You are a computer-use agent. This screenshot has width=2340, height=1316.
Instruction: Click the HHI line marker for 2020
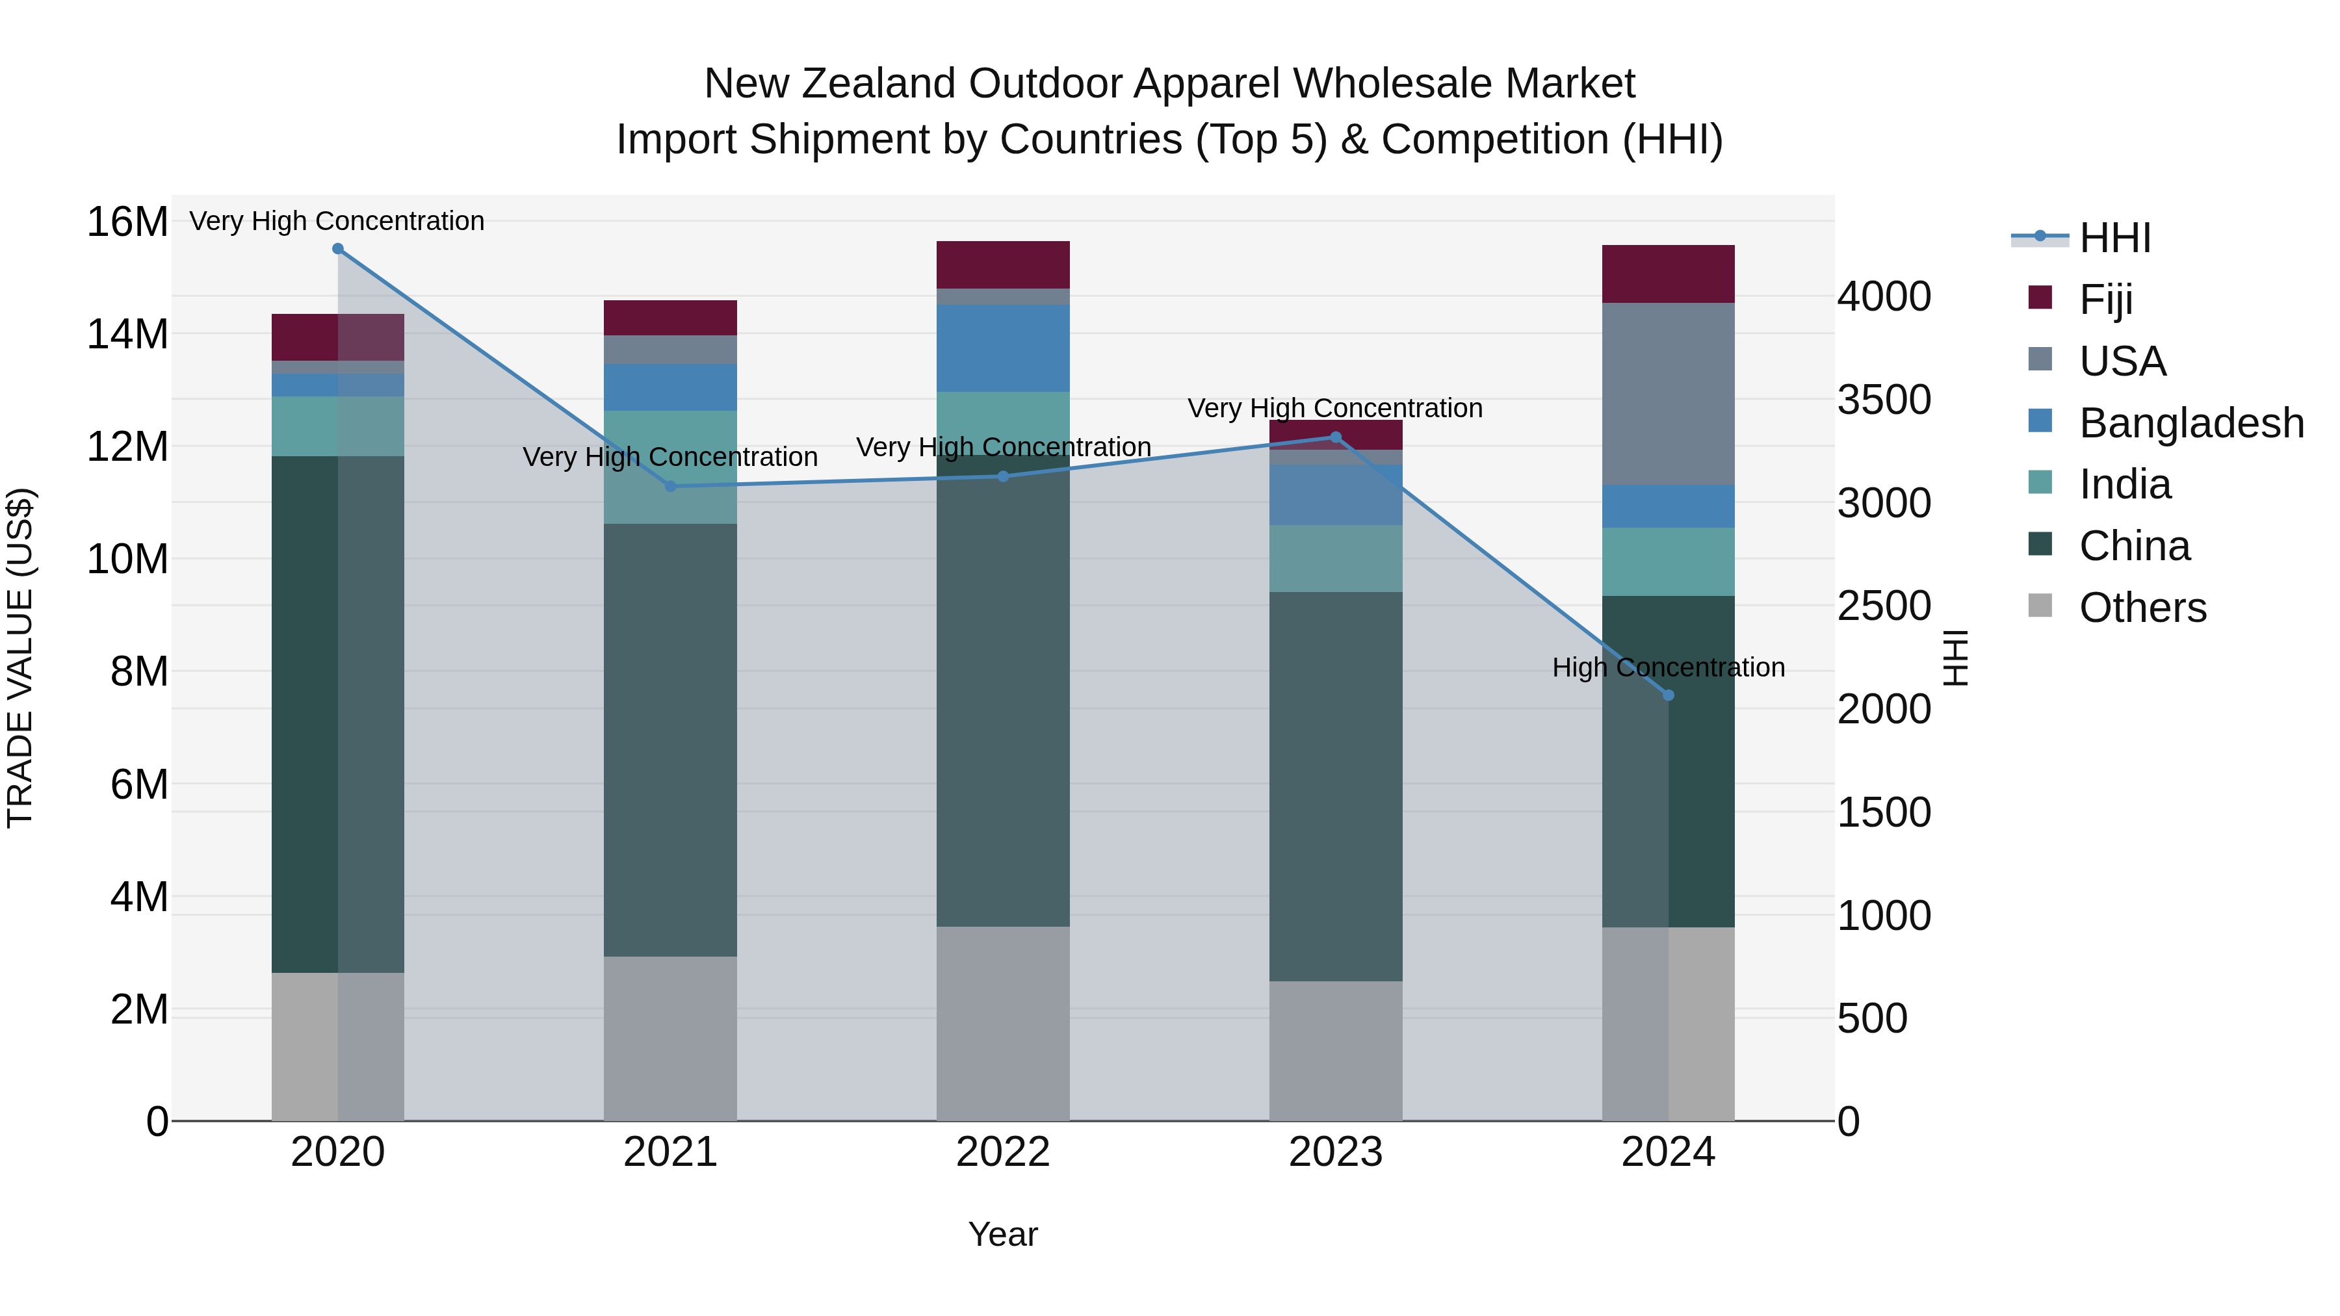click(338, 249)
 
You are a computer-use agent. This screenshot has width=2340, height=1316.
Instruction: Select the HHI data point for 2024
click(1668, 695)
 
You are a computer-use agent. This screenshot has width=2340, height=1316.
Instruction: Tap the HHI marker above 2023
click(1335, 438)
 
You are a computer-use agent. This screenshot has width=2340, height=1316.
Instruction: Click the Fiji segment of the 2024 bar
click(1668, 274)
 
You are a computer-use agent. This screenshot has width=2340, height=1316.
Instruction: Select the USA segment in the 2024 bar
click(1668, 394)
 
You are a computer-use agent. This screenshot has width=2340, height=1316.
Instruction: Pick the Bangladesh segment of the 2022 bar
click(1003, 349)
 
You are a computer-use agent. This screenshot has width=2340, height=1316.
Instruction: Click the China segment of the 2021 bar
click(670, 740)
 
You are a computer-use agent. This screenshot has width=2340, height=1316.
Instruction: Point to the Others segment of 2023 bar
click(1335, 1051)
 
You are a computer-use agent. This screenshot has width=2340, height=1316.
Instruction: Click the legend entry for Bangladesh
click(2191, 423)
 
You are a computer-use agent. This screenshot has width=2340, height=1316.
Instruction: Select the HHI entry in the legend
click(2114, 238)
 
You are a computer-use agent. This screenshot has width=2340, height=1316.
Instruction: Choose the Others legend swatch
click(2040, 606)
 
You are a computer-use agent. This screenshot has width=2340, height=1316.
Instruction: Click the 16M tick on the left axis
click(127, 222)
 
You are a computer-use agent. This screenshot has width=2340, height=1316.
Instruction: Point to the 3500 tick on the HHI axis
click(1884, 400)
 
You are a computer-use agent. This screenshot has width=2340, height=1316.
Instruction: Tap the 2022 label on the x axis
click(1003, 1152)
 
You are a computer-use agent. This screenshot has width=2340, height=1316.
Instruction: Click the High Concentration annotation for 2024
click(1668, 667)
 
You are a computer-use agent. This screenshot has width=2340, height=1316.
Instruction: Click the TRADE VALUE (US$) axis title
click(20, 658)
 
